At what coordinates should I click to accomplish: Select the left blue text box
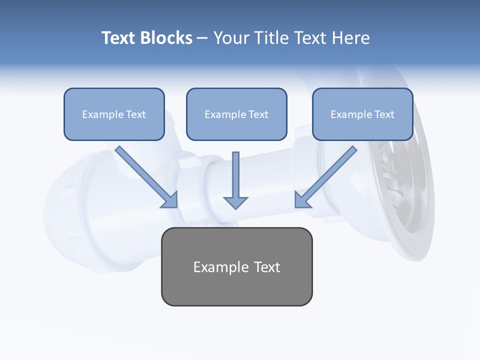(114, 128)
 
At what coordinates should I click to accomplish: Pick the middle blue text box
(236, 128)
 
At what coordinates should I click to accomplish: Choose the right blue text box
(362, 128)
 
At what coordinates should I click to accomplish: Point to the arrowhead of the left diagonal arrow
(170, 200)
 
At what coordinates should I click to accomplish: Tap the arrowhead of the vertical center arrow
(235, 203)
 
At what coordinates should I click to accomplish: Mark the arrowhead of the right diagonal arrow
(302, 200)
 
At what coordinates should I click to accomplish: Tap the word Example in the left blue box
(103, 114)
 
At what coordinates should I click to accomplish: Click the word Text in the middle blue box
(258, 114)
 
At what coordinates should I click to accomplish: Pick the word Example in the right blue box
(351, 114)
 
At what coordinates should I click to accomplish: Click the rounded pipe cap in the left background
(65, 210)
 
